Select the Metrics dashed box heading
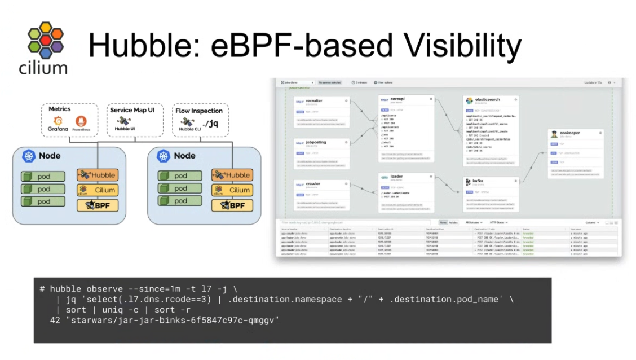59,109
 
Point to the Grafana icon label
58,129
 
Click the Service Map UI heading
136,110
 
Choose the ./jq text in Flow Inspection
210,124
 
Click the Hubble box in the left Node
98,175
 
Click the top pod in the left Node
43,177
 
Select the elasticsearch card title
489,99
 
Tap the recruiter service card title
314,101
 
